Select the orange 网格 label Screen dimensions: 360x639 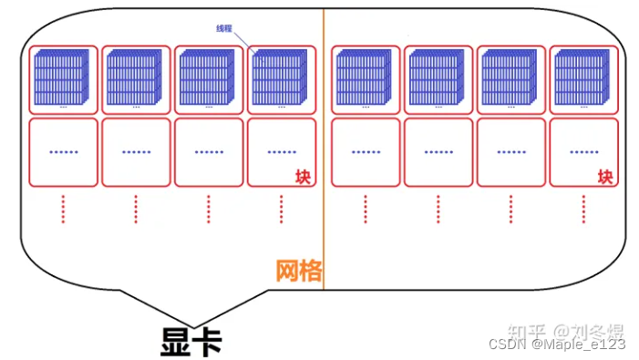coord(298,271)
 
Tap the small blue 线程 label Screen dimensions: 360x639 coord(224,29)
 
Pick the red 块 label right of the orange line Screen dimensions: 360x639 coord(605,176)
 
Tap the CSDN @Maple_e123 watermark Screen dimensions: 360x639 coord(557,345)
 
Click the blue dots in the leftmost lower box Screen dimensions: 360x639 coord(63,152)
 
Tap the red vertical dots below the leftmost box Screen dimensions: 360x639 coord(63,209)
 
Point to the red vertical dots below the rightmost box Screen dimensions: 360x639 coord(583,209)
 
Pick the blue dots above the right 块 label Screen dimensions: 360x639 coord(583,152)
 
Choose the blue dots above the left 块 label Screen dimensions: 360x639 coord(281,152)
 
